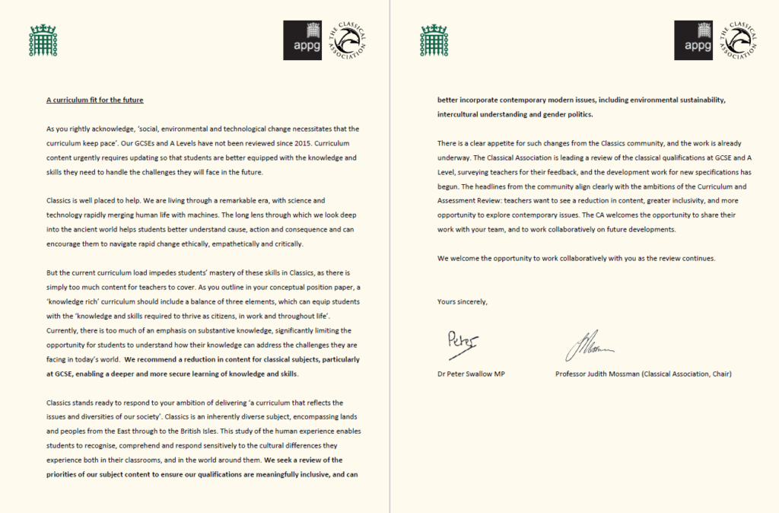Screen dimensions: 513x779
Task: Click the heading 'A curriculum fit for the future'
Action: click(94, 100)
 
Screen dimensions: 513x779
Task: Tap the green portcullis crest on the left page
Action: click(43, 40)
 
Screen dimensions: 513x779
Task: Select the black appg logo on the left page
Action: click(304, 40)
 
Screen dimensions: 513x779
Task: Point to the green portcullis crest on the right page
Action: click(434, 40)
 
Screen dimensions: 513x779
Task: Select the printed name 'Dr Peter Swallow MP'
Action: click(472, 374)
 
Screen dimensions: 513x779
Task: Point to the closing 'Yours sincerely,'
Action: click(463, 301)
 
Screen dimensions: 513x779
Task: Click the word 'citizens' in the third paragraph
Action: click(235, 316)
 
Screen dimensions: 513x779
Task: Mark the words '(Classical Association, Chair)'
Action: click(706, 374)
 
